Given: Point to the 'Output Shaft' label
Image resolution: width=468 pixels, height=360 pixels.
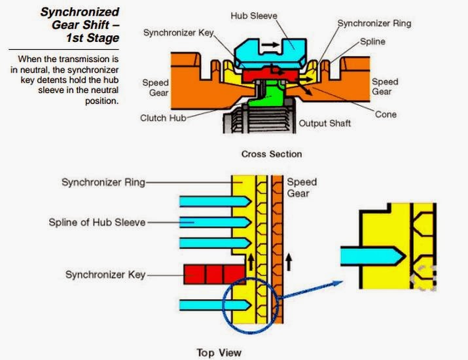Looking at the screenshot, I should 325,123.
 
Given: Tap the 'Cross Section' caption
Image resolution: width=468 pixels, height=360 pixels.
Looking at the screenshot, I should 272,154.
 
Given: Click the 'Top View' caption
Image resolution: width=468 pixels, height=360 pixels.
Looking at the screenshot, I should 219,353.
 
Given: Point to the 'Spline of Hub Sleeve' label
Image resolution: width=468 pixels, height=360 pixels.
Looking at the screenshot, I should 98,222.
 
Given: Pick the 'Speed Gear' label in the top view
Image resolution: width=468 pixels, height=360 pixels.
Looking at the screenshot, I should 302,188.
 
